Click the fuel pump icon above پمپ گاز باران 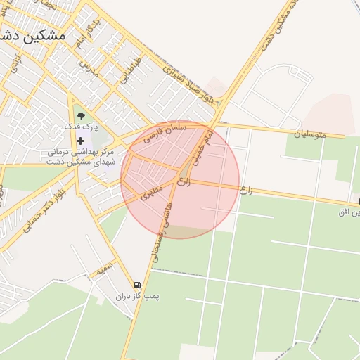click(136, 285)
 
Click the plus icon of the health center click(81, 141)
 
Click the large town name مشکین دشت click(34, 34)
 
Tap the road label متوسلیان click(310, 133)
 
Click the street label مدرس click(86, 68)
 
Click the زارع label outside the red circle click(245, 189)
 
